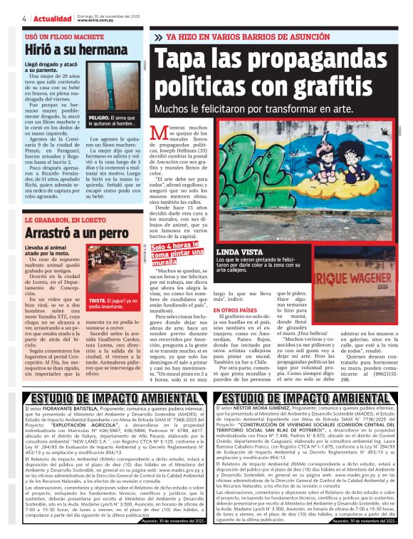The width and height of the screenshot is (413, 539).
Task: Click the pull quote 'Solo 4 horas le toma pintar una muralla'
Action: tap(169, 253)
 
